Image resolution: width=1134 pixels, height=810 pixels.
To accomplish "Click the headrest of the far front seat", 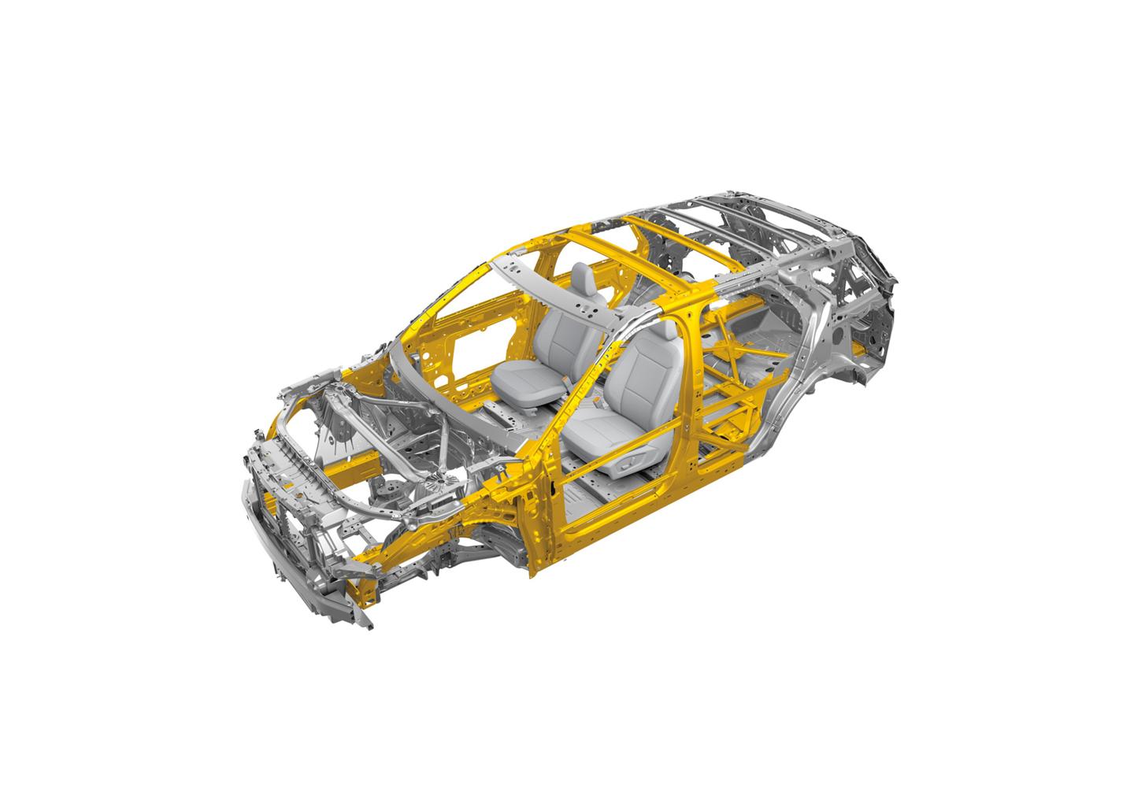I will (583, 278).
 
